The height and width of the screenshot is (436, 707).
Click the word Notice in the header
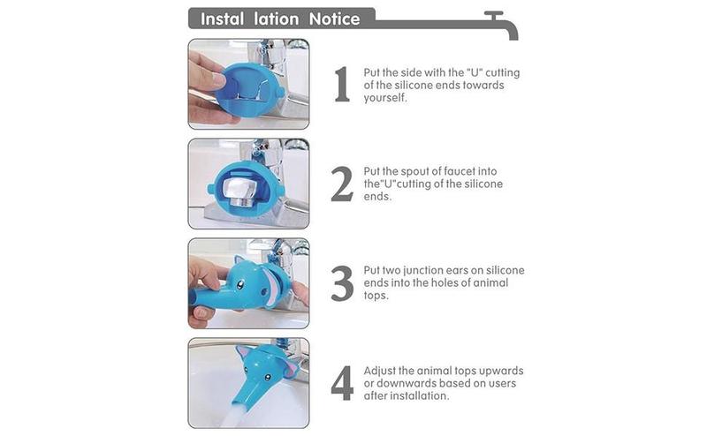pos(334,19)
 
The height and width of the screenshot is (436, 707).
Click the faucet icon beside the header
pos(500,25)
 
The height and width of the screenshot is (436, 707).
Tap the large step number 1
pos(342,84)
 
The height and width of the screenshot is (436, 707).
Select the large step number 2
pos(342,184)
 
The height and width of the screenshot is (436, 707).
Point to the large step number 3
pos(342,283)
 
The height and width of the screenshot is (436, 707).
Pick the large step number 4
pos(342,383)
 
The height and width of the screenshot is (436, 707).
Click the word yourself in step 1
pos(385,98)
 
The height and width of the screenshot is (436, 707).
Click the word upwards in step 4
pos(501,372)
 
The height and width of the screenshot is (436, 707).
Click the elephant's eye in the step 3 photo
pos(241,285)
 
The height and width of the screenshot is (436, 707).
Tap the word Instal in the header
pos(223,19)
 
